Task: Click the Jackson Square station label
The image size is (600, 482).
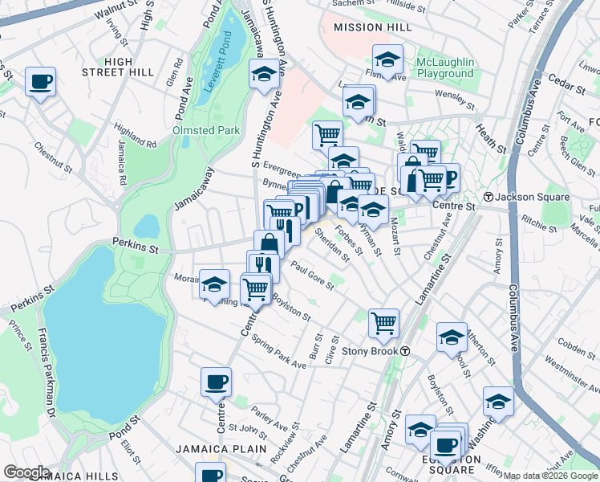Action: coord(533,197)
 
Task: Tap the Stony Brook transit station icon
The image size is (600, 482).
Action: coord(406,351)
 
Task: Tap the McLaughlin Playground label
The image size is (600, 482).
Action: coord(445,68)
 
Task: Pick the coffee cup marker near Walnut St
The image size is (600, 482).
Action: coord(40,81)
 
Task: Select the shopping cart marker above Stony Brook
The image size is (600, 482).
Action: coord(384,322)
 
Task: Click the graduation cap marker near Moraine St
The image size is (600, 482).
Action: coord(214,284)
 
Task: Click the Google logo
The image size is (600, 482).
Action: coord(26,472)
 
